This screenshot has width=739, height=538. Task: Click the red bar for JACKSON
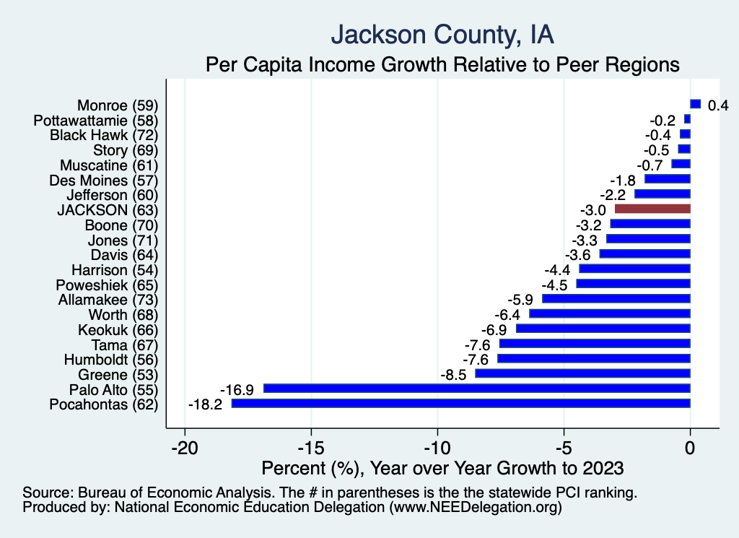pyautogui.click(x=652, y=209)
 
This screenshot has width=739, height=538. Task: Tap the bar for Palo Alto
pyautogui.click(x=477, y=389)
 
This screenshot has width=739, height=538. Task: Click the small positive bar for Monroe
pyautogui.click(x=695, y=104)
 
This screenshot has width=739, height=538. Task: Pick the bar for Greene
pyautogui.click(x=582, y=374)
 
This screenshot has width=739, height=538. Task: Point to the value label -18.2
pyautogui.click(x=204, y=404)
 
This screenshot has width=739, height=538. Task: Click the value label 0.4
pyautogui.click(x=717, y=105)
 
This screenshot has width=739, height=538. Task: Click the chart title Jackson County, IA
pyautogui.click(x=442, y=35)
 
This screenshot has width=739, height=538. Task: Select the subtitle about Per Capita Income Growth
pyautogui.click(x=442, y=64)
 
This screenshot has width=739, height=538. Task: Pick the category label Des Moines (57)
pyautogui.click(x=103, y=180)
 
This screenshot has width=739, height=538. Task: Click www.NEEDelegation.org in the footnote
pyautogui.click(x=474, y=508)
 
